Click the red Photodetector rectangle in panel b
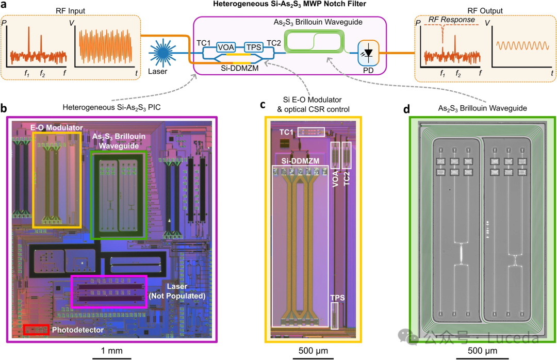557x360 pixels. (36, 330)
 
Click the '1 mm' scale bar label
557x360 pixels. (112, 351)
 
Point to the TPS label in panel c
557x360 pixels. (337, 298)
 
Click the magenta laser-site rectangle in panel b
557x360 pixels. (109, 291)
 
